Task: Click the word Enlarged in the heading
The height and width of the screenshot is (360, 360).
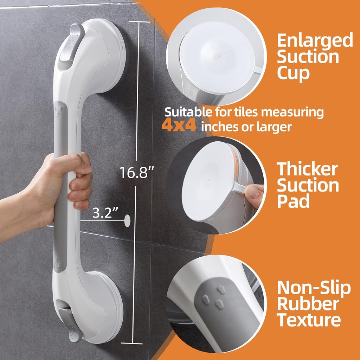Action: point(315,41)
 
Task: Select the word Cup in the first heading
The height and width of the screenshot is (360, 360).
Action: point(293,73)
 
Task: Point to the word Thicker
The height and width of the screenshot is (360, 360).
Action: point(307,170)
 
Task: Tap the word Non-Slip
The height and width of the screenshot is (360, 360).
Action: point(314,288)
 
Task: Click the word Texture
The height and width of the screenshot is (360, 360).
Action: point(309,320)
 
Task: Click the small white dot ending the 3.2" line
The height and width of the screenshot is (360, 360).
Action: point(127,221)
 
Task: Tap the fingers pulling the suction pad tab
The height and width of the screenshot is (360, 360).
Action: point(253,193)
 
